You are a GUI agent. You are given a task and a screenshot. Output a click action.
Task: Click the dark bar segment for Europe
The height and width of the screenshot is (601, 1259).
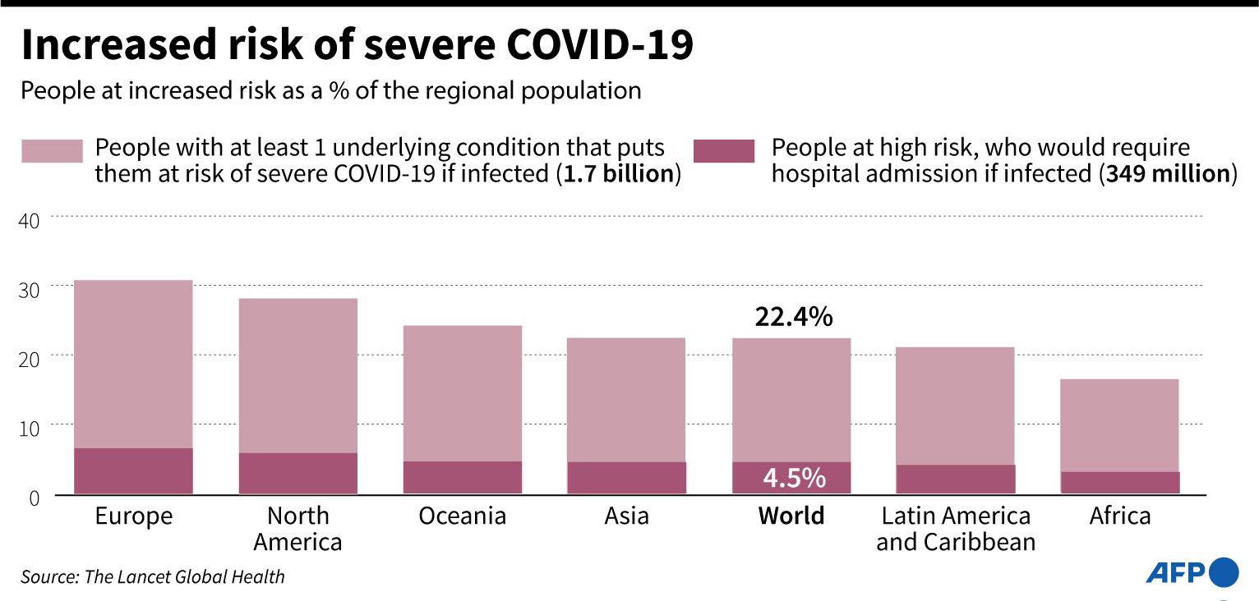[x=133, y=470]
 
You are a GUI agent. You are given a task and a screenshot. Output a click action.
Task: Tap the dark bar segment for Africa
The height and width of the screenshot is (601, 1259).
[x=1119, y=482]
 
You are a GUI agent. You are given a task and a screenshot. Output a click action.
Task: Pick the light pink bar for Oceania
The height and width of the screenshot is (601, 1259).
[x=462, y=392]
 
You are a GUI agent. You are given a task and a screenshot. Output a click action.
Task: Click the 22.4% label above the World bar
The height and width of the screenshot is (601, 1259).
[x=794, y=317]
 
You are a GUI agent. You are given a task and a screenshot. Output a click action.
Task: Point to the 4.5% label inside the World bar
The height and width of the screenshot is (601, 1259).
[x=794, y=477]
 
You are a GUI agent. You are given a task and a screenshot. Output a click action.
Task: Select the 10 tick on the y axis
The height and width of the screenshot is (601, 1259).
[x=29, y=429]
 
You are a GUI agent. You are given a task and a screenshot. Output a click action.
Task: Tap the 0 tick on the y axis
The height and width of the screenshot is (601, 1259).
[x=34, y=498]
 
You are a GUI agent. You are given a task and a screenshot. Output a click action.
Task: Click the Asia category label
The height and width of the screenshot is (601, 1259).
[x=626, y=516]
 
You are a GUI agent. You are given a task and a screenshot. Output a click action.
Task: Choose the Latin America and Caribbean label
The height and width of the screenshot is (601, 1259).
[x=955, y=529]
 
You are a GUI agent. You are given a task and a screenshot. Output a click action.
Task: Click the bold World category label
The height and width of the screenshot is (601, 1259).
[x=791, y=516]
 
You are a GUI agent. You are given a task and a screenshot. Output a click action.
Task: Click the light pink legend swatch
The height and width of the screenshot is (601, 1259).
[x=52, y=151]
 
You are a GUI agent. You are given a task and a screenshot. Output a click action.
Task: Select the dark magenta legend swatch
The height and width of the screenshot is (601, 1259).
[x=723, y=151]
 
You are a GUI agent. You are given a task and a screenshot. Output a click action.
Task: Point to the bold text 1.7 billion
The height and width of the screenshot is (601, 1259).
[x=617, y=175]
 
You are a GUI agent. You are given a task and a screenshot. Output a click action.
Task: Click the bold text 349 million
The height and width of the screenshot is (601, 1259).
[x=1168, y=175]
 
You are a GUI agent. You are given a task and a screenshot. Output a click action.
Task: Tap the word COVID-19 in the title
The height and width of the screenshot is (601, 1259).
[x=599, y=46]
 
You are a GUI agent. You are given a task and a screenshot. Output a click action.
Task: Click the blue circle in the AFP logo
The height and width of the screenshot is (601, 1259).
[x=1224, y=571]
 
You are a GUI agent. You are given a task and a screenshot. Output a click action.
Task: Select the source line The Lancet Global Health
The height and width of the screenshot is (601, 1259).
[x=153, y=577]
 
